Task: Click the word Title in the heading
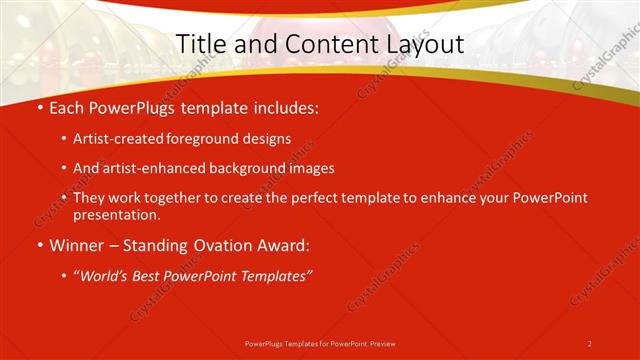coord(199,45)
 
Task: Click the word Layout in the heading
coord(423,45)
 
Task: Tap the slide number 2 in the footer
coord(590,343)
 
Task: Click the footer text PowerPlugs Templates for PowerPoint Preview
coord(320,343)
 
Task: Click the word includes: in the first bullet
coord(286,106)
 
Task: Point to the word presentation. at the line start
coord(115,214)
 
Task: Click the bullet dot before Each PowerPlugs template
coord(39,106)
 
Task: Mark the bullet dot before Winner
coord(39,246)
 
